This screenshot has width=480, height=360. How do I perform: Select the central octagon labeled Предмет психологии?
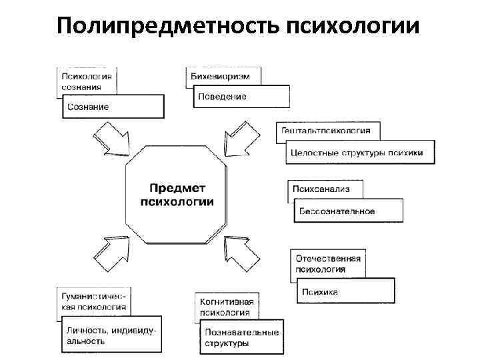coord(177,196)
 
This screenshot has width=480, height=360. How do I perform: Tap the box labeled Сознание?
coord(113,106)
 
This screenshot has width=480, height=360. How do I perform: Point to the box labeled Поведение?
coord(241,97)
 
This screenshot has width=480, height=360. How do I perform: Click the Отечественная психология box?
coord(327,264)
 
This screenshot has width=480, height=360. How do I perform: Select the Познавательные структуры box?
coord(242,337)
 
